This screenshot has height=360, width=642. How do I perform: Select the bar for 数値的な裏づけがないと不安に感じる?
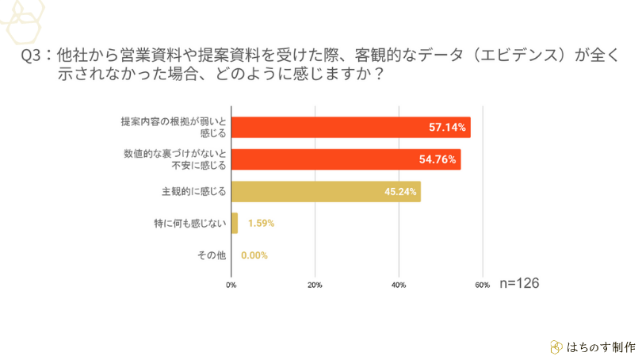click(x=346, y=159)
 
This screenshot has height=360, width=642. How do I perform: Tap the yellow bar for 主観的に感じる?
click(x=326, y=192)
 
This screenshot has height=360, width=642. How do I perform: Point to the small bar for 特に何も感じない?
click(x=235, y=224)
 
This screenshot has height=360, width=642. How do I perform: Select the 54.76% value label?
click(x=438, y=159)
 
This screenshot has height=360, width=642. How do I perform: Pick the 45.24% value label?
click(x=400, y=192)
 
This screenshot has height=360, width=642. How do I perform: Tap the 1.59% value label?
click(x=261, y=224)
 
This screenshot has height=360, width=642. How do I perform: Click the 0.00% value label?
click(x=254, y=255)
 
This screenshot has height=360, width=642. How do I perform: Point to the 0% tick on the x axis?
click(x=231, y=285)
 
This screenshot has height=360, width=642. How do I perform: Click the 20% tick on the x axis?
click(x=315, y=285)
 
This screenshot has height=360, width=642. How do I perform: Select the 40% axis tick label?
click(x=398, y=285)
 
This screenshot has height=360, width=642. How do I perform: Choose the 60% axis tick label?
click(x=482, y=285)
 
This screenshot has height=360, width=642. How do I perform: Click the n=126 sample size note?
click(x=519, y=283)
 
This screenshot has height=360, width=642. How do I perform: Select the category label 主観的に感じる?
click(x=194, y=192)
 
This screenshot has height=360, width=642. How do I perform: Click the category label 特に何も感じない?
click(x=190, y=224)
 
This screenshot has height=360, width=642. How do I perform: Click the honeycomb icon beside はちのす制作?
click(x=556, y=347)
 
